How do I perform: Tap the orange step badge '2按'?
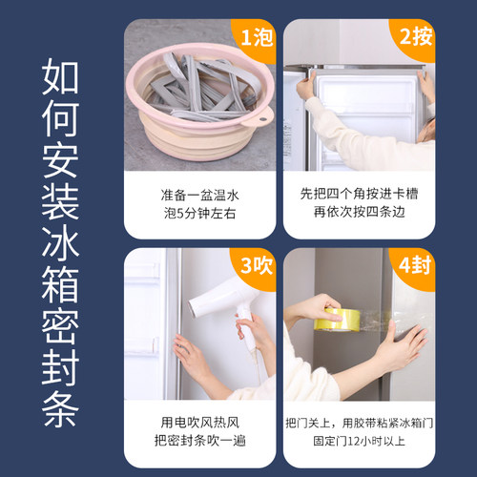(x=414, y=38)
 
